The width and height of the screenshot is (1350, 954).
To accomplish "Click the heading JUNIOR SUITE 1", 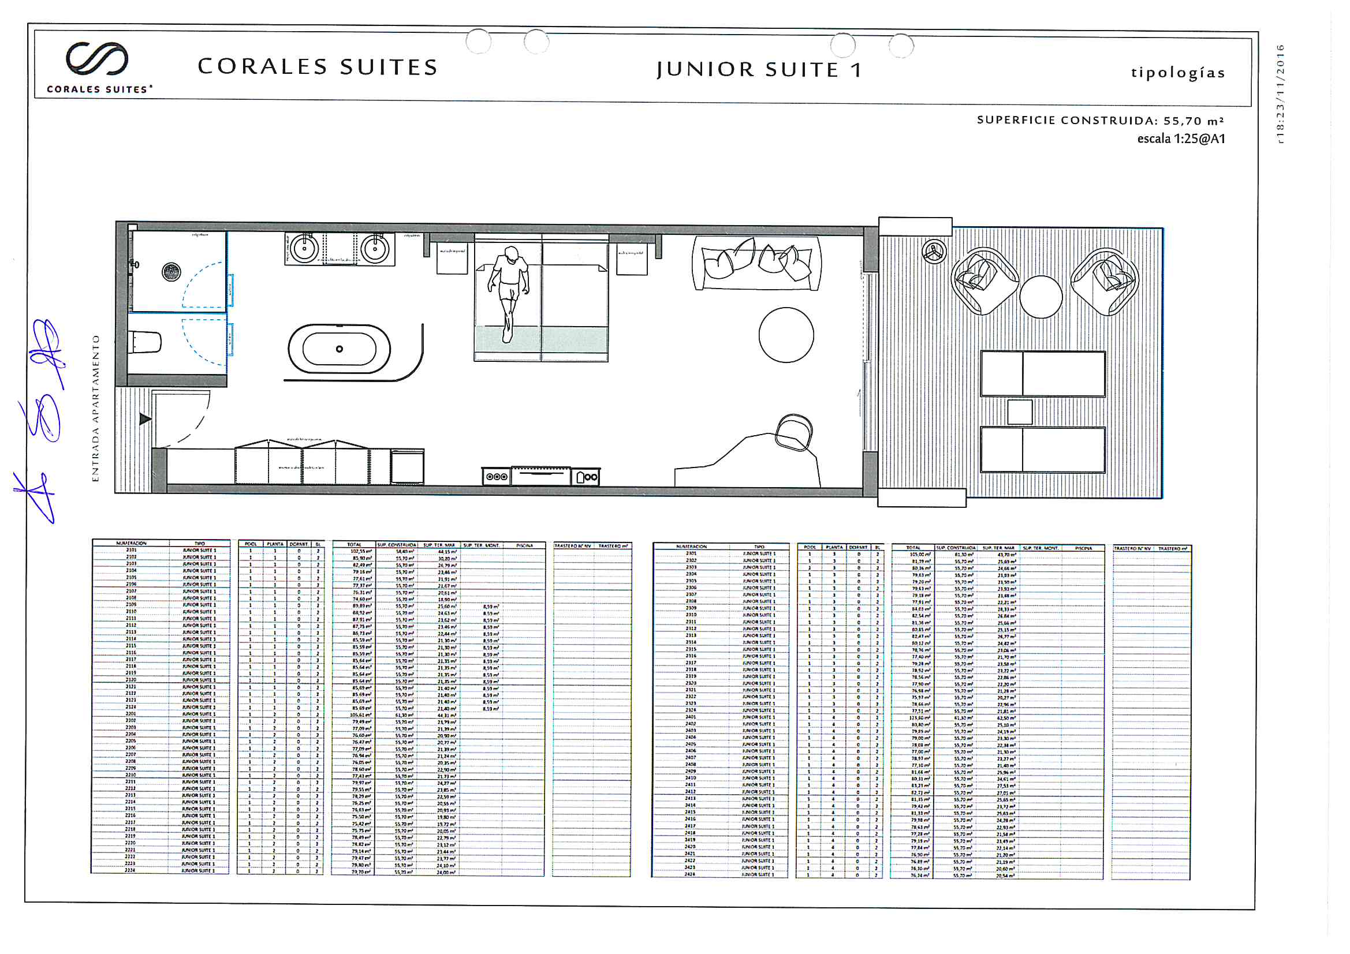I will coord(759,69).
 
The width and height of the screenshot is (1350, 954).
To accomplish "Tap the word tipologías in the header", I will coord(1178,72).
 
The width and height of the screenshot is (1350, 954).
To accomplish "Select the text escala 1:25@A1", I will coord(1181,139).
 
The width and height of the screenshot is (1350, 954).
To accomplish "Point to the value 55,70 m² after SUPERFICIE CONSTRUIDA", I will coord(1193,121).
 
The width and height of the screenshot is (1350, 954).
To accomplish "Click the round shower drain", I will coord(171,272).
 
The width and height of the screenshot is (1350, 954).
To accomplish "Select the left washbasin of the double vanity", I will coord(304,249).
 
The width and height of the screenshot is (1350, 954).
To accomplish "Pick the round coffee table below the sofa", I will coord(786,335).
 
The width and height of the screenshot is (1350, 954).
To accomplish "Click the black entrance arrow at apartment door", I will coord(144,419).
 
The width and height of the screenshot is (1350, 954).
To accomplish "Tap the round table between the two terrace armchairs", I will coord(1041,297).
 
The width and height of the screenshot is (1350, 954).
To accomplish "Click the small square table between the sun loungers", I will coord(1020,412).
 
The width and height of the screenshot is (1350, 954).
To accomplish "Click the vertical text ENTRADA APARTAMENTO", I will coord(96,409).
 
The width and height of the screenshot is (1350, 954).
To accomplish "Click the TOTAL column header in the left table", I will coord(354,545).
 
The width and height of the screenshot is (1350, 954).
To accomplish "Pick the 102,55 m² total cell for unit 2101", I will coord(360,551).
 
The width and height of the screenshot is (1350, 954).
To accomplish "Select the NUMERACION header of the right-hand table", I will coord(692,547).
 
